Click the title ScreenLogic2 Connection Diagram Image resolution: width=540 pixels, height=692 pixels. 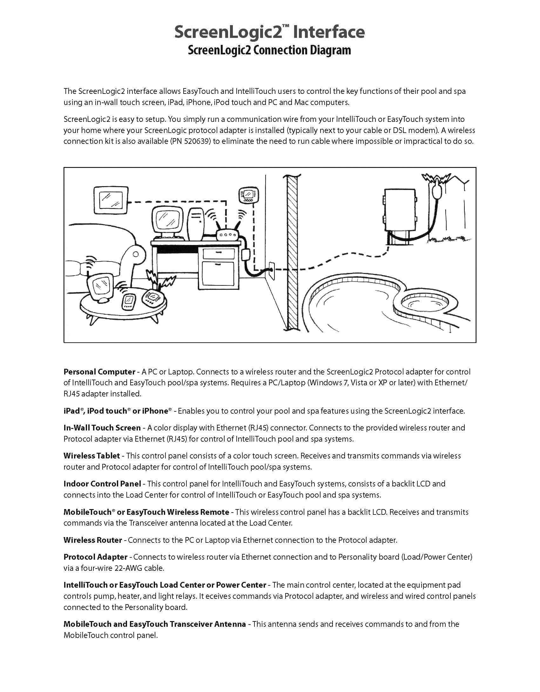[x=269, y=50]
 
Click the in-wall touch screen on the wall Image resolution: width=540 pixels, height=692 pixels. [x=111, y=200]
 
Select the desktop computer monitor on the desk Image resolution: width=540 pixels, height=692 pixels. [x=168, y=220]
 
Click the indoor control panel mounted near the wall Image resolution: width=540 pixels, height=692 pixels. [x=248, y=195]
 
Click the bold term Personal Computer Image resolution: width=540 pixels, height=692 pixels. [x=99, y=372]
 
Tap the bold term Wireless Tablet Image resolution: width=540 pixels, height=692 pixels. [x=91, y=456]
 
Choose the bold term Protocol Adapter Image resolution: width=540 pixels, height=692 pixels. [x=95, y=557]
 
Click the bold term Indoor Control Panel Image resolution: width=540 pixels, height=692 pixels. [x=102, y=484]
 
